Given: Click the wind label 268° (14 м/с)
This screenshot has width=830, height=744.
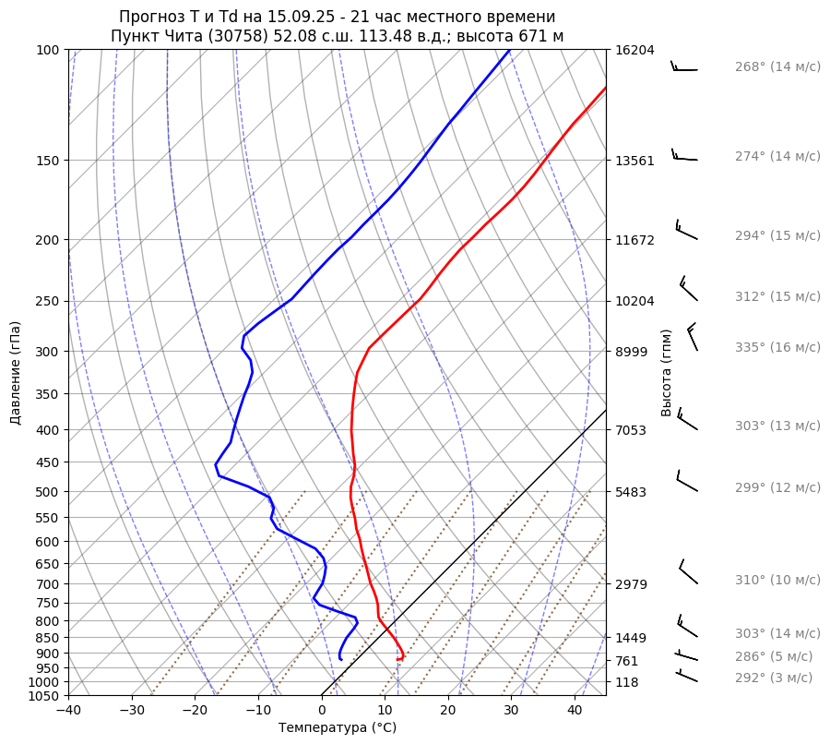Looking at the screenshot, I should coord(777,67).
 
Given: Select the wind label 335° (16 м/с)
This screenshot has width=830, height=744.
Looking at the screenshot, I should coord(777,347).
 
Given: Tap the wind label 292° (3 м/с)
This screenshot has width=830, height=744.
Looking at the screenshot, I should coord(773,678).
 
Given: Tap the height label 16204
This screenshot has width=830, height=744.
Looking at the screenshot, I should coord(634,51).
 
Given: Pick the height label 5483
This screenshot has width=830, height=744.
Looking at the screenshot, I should coord(631,492).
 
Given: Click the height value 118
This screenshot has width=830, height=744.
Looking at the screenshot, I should coord(627,682).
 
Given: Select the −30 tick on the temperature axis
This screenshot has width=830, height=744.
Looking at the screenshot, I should coord(132,711).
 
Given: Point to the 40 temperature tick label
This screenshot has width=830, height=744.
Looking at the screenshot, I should coord(575,711).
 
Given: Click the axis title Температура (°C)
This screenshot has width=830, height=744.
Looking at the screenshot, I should coord(338,728).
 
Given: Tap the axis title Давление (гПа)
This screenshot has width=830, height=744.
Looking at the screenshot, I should coord(16,373).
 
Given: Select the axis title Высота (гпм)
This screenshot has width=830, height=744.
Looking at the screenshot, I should coord(667,372).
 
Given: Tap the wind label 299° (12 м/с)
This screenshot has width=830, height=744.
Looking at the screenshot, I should coord(777,487).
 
